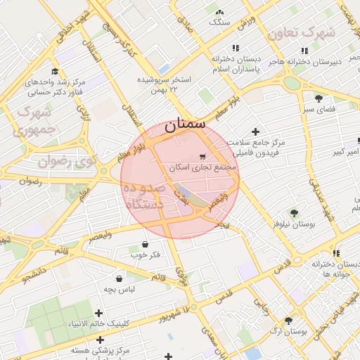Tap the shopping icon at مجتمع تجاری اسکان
coord(203,157)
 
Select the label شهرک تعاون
coord(324,32)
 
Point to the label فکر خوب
coord(146,255)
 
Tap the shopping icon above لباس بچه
coord(119,278)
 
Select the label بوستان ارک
coord(288,330)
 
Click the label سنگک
coord(219,22)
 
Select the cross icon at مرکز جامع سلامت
coord(255,131)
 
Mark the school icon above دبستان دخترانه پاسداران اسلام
coord(236,48)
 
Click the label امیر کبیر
coord(348,152)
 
